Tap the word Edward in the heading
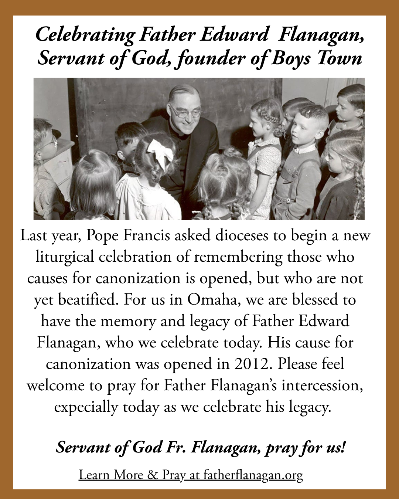[234, 35]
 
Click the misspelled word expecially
[86, 407]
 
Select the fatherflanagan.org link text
[253, 475]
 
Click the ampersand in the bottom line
[152, 475]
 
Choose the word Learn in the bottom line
[94, 475]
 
